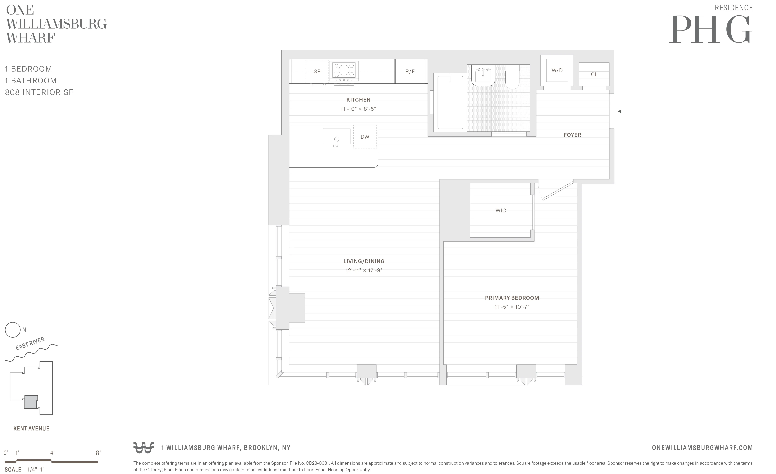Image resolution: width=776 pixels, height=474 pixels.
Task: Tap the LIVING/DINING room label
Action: [x=364, y=261]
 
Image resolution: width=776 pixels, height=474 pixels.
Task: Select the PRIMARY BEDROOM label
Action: [x=512, y=298]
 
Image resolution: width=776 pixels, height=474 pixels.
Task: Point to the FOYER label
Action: [x=572, y=135]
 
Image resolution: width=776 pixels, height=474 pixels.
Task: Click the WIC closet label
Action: [x=500, y=210]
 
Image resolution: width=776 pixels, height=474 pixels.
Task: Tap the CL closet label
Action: [x=594, y=74]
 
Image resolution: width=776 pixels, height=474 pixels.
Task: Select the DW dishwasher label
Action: [x=365, y=137]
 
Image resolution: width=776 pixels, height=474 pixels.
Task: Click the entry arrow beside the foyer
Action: [x=619, y=111]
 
